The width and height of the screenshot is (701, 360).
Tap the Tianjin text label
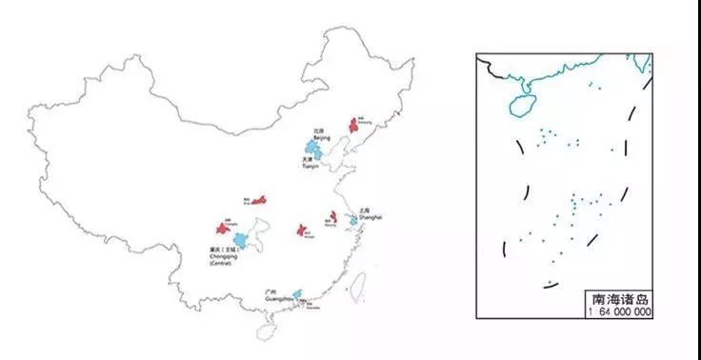click(310, 166)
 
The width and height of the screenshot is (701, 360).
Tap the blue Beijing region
click(311, 149)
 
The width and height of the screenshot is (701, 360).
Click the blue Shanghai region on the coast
click(353, 220)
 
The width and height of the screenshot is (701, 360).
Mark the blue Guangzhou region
click(297, 295)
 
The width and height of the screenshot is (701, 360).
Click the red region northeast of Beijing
click(353, 125)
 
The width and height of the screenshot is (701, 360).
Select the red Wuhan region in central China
click(301, 230)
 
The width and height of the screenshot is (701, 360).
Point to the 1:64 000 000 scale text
click(619, 311)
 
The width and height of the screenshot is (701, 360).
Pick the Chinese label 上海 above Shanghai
click(365, 210)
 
